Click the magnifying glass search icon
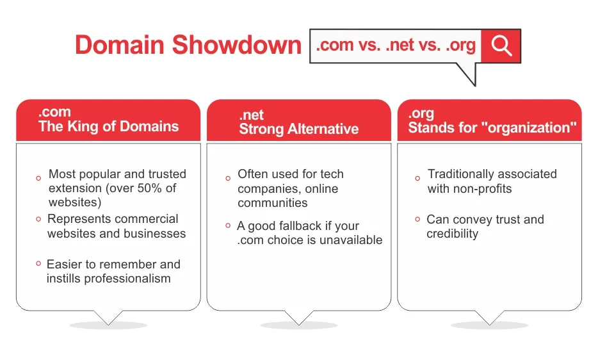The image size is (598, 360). point(501,46)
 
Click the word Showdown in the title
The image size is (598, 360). point(236,45)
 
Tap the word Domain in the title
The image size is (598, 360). point(120,45)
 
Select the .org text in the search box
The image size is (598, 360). point(461,45)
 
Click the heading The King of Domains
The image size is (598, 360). point(109,126)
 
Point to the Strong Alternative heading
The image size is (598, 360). point(298,129)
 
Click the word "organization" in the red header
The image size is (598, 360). point(528,127)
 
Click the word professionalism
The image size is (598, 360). point(127,279)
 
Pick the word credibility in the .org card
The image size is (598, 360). point(452,234)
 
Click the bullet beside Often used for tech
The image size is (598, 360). point(228,178)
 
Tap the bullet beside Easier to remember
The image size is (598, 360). point(38,263)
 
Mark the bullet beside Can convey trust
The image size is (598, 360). point(417,219)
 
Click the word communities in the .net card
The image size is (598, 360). point(272,202)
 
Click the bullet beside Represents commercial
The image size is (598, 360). point(38,219)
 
